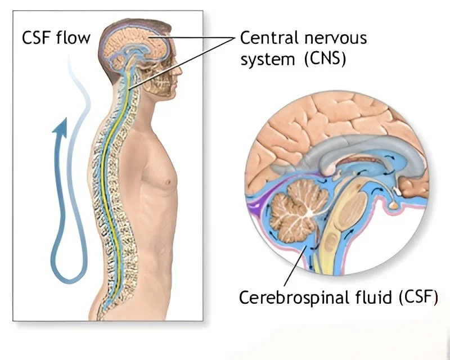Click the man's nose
point(179,62)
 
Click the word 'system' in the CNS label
point(264,58)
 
